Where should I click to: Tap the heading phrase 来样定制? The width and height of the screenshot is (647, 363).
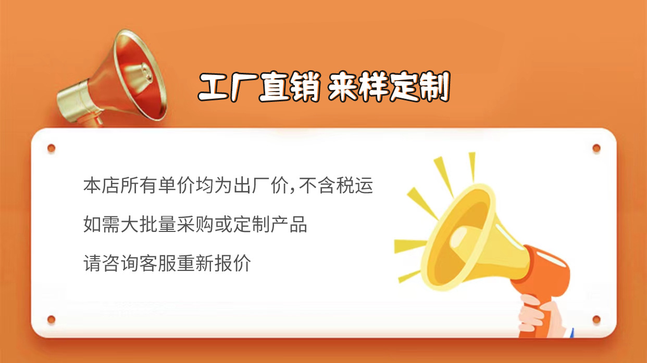(x=389, y=87)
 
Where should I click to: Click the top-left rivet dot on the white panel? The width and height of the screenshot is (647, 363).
(x=51, y=148)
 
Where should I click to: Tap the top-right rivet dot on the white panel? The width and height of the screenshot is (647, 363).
(x=596, y=148)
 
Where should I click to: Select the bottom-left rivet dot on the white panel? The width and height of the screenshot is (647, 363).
(x=51, y=319)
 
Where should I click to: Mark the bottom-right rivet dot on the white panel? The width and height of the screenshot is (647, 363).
(x=596, y=319)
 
